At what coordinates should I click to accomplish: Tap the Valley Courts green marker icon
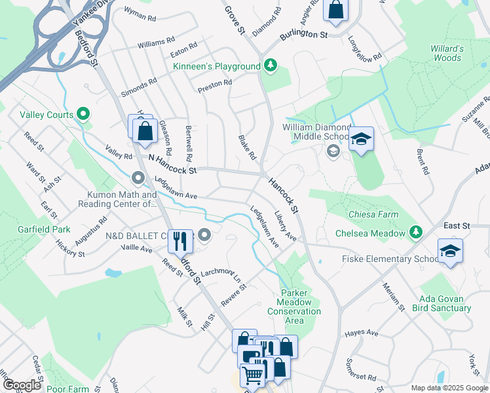point(83,115)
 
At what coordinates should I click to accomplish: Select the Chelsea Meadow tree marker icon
point(415,233)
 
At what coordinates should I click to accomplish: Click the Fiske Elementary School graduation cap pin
point(450,251)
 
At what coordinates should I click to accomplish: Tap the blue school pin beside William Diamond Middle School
point(360,139)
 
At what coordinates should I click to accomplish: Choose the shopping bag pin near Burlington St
point(335,10)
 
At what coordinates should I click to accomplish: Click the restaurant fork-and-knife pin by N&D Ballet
point(179,241)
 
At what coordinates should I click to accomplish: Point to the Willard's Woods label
point(447,53)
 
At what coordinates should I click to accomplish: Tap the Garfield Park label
point(43,230)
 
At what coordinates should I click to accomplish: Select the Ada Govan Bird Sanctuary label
point(445,303)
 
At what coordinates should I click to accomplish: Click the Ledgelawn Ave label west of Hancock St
point(176,187)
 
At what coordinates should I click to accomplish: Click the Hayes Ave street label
point(362,333)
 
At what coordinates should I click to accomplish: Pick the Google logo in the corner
point(22,385)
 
